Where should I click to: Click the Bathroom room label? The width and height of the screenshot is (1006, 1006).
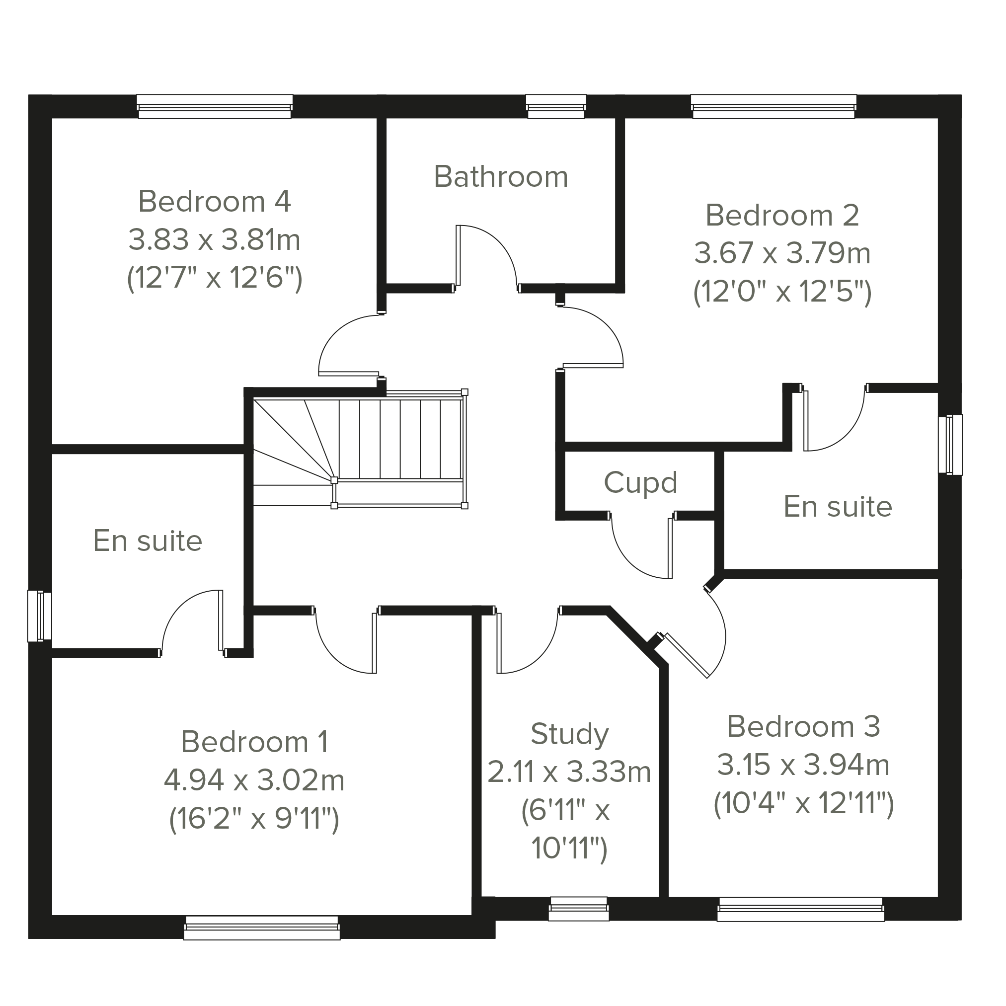(x=500, y=176)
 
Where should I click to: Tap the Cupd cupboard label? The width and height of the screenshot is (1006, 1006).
(x=640, y=483)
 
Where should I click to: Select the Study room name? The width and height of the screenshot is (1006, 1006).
(x=570, y=735)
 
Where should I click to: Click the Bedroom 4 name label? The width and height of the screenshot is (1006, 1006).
(x=215, y=201)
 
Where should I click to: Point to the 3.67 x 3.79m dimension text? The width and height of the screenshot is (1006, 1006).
(x=782, y=253)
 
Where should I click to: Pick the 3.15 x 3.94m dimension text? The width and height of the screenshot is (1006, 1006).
(x=803, y=765)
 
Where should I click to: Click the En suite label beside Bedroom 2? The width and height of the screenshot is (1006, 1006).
(x=838, y=507)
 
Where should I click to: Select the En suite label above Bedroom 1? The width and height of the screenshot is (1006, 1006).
(x=148, y=541)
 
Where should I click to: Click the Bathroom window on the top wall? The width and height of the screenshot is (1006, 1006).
(x=556, y=106)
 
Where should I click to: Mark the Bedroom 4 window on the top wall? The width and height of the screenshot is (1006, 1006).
(x=215, y=106)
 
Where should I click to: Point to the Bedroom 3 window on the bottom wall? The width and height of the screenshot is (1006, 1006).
(x=800, y=910)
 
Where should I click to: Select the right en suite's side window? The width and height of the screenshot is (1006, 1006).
(x=950, y=445)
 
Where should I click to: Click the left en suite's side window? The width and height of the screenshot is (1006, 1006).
(x=40, y=616)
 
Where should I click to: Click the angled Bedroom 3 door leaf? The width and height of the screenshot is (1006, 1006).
(x=687, y=655)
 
